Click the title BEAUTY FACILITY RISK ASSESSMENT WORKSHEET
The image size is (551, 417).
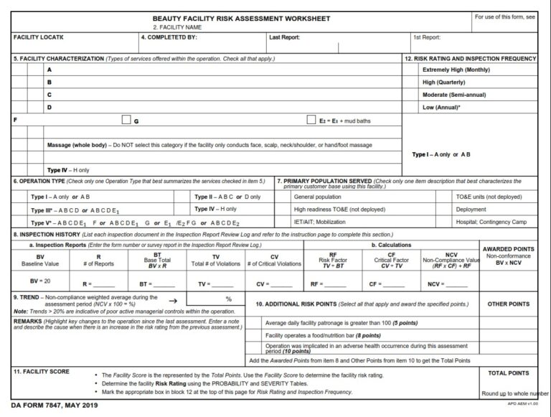(241, 18)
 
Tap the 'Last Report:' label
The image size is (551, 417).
(284, 37)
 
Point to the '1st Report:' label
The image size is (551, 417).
(427, 37)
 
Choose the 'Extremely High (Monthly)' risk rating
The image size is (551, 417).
(456, 70)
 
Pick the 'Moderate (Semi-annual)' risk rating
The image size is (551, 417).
(454, 95)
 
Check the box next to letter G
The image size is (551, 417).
(126, 120)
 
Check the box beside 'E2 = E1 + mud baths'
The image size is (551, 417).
(311, 120)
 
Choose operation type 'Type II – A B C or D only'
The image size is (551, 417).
(227, 197)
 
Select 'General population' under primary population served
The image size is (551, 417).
(318, 197)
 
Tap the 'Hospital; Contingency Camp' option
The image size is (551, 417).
(491, 222)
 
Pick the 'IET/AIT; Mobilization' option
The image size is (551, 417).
(320, 222)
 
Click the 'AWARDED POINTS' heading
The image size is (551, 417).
(508, 249)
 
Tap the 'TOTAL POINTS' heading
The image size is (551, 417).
(508, 373)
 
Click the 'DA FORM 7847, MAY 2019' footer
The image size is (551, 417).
(55, 406)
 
